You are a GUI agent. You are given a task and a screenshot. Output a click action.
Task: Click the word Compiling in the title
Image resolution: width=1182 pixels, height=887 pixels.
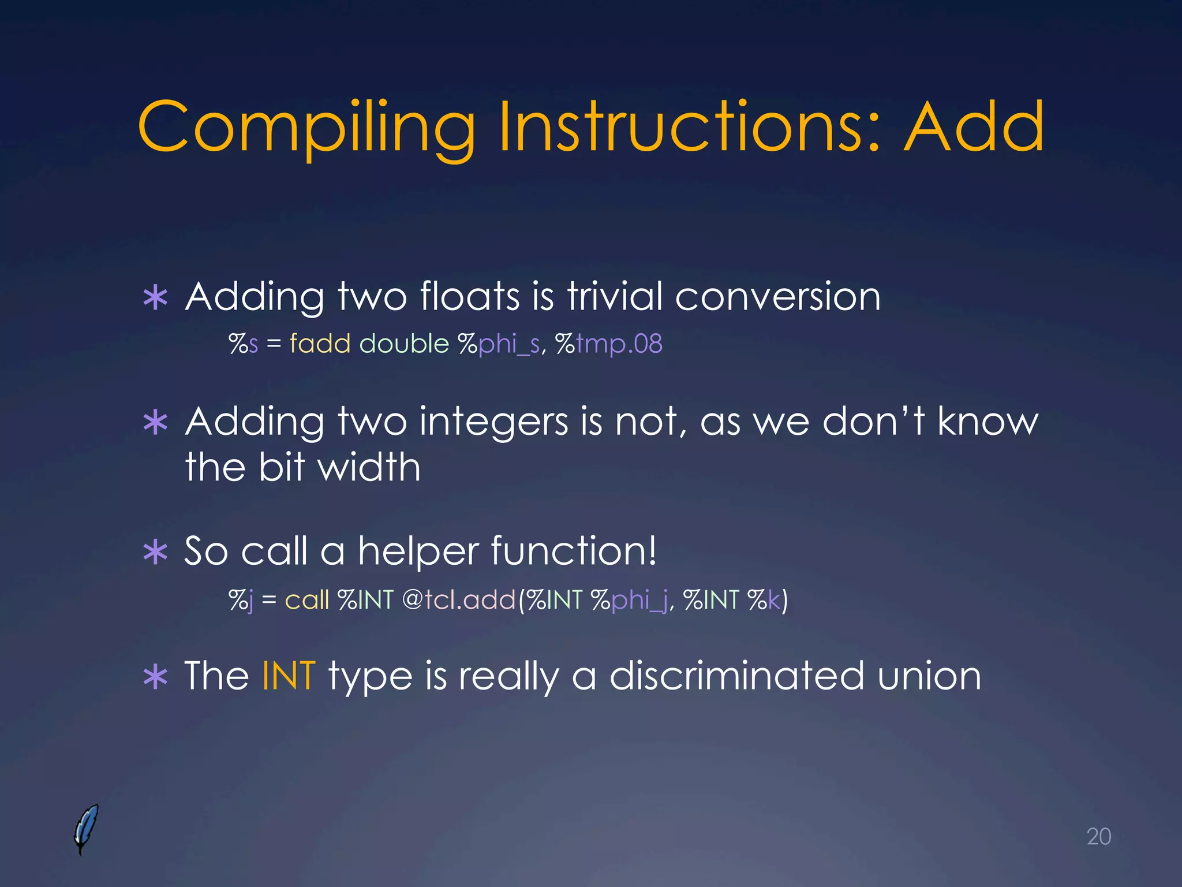(306, 128)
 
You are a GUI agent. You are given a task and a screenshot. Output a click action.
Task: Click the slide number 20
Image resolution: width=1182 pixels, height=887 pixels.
(1098, 837)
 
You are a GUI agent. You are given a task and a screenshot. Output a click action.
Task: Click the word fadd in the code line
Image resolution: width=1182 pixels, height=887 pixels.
(320, 344)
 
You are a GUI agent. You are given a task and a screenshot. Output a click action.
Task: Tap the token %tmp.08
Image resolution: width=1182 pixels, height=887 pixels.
(608, 345)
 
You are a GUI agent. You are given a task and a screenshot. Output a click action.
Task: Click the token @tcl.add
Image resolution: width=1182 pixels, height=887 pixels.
(458, 600)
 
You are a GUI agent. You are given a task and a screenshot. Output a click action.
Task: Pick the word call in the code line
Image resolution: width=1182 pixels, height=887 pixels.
(307, 600)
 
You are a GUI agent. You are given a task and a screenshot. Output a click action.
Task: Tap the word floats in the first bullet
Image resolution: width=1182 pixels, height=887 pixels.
(470, 297)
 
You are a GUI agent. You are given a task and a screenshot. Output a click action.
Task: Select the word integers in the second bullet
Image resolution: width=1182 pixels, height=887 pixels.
(493, 423)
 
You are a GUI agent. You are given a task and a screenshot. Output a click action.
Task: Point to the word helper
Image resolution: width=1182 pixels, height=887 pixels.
(418, 551)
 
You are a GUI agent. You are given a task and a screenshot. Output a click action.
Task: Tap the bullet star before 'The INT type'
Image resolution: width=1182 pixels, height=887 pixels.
(155, 677)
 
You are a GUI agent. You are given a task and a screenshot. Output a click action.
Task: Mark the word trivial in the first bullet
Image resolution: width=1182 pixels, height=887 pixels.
(615, 297)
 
